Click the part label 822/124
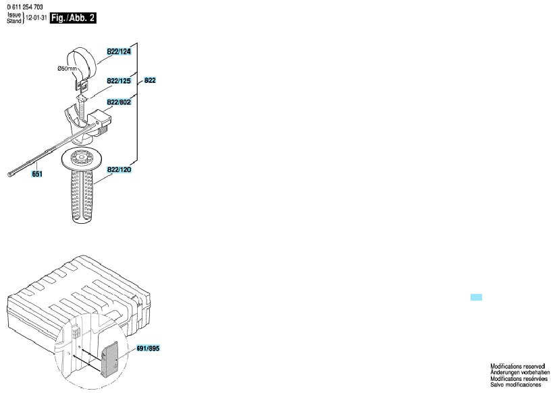pyautogui.click(x=119, y=52)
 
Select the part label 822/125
pyautogui.click(x=119, y=81)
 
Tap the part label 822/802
pyautogui.click(x=119, y=102)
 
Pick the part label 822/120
pyautogui.click(x=119, y=170)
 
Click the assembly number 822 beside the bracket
pyautogui.click(x=150, y=80)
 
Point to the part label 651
pyautogui.click(x=37, y=174)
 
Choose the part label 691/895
pyautogui.click(x=148, y=349)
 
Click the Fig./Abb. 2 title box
pyautogui.click(x=73, y=18)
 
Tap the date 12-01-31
pyautogui.click(x=36, y=18)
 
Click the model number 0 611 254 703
pyautogui.click(x=25, y=7)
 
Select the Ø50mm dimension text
pyautogui.click(x=68, y=69)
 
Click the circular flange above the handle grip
pyautogui.click(x=84, y=159)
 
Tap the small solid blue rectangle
pyautogui.click(x=476, y=297)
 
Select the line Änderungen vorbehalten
pyautogui.click(x=520, y=373)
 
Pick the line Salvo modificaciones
pyautogui.click(x=516, y=384)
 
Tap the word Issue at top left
pyautogui.click(x=14, y=16)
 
